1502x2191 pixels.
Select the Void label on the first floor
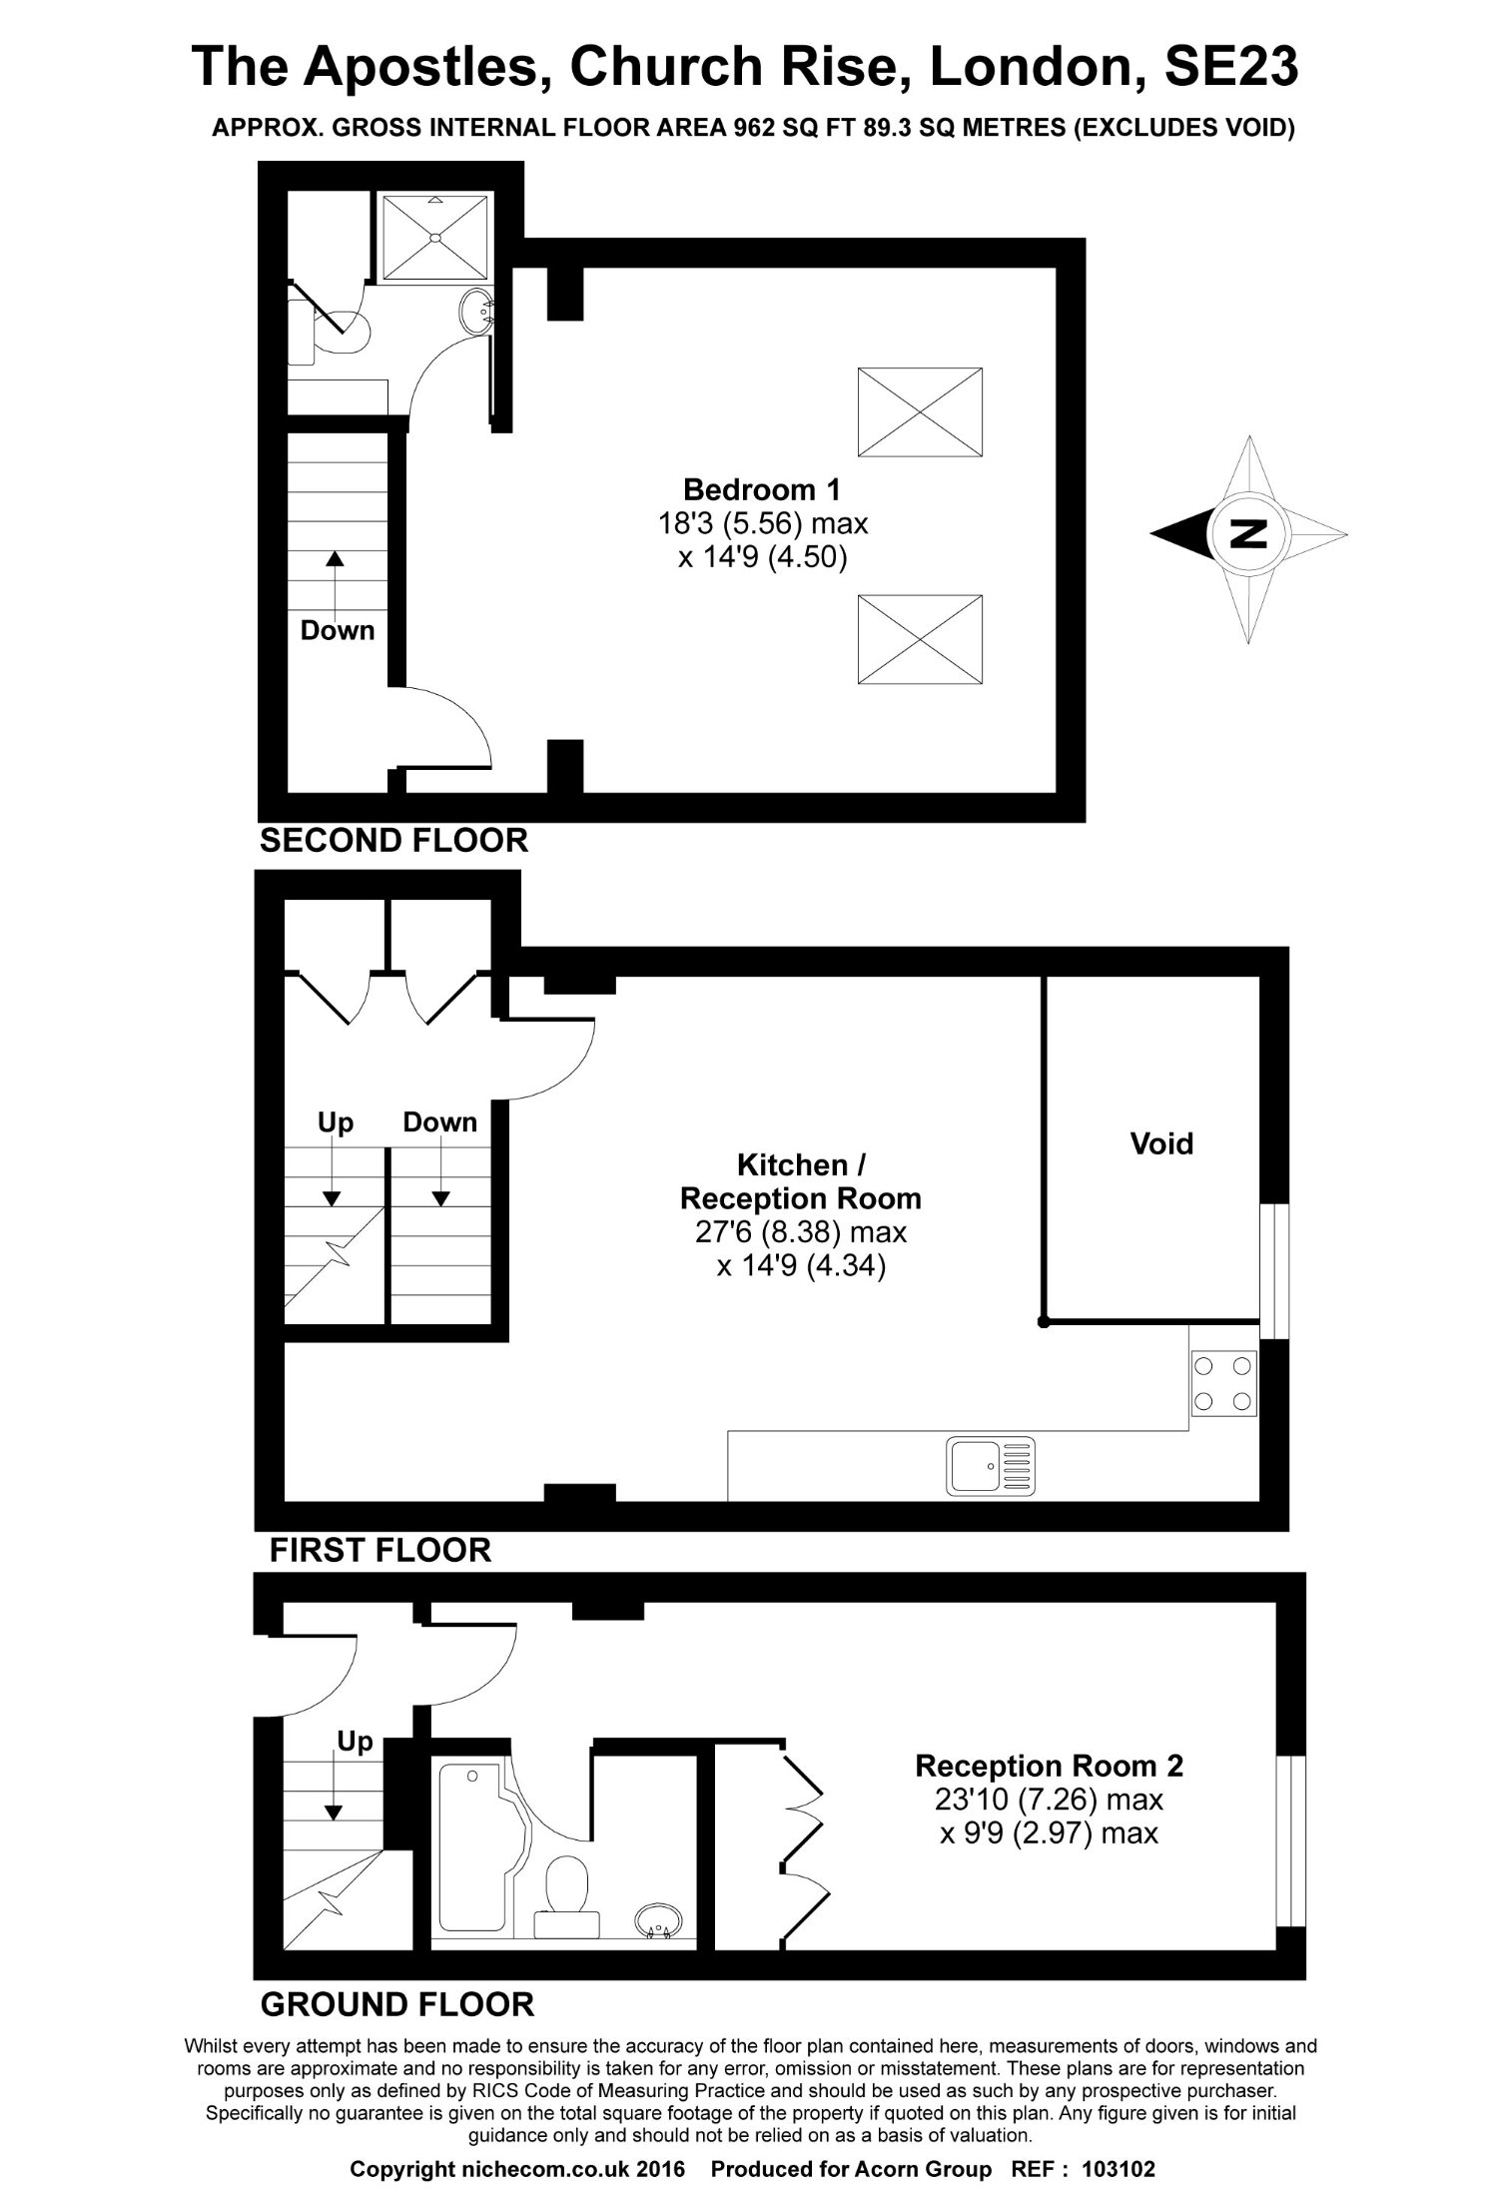click(1161, 1143)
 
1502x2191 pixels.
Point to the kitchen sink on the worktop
click(993, 1467)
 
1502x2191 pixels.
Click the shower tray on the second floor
click(435, 237)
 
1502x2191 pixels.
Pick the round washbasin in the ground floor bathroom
click(659, 1920)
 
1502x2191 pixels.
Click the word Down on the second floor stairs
click(338, 630)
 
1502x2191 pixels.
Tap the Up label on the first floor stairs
click(336, 1122)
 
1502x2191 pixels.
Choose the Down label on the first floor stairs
click(440, 1121)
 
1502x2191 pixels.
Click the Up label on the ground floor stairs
click(355, 1742)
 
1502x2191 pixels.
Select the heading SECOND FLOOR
click(393, 840)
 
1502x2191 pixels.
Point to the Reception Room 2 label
click(1049, 1766)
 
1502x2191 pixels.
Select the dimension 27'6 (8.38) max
click(801, 1232)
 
